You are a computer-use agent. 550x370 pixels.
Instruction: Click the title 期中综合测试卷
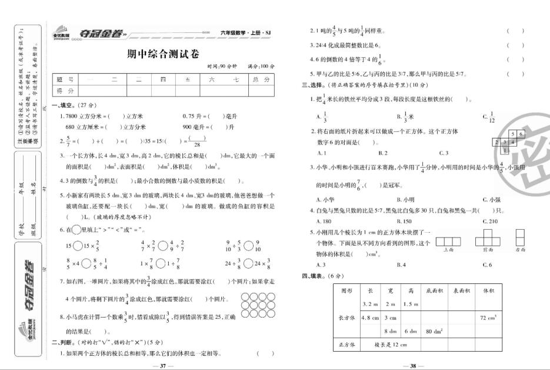coord(163,54)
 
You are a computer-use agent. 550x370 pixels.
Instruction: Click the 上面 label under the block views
coord(449,249)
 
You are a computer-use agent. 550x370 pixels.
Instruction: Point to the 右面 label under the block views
coord(519,249)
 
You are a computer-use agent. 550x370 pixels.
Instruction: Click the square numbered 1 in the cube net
coord(505,150)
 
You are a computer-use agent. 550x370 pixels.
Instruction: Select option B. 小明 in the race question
coord(405,199)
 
